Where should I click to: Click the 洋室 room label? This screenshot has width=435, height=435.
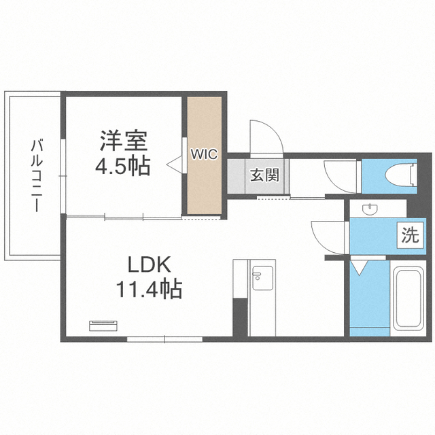[x=124, y=141]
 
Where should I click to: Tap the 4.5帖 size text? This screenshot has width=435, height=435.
[x=123, y=166]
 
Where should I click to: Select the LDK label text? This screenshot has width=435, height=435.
[x=149, y=265]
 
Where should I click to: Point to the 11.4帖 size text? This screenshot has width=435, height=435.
[x=149, y=289]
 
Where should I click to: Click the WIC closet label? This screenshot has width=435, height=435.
[x=204, y=154]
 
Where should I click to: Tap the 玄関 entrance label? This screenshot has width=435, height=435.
[x=264, y=175]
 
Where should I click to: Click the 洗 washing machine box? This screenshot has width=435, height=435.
[x=411, y=235]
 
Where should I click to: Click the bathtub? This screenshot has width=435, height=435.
[x=408, y=298]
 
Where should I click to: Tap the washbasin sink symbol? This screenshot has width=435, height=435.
[x=370, y=209]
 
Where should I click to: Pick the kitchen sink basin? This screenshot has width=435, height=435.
[x=262, y=278]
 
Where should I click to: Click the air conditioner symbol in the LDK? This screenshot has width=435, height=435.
[x=103, y=326]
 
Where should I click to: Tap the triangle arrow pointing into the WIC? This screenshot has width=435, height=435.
[x=174, y=165]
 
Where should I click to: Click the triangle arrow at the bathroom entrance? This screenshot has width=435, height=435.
[x=360, y=267]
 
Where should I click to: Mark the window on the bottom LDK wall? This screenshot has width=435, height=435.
[x=164, y=339]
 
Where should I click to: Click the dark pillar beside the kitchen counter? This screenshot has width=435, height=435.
[x=240, y=317]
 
